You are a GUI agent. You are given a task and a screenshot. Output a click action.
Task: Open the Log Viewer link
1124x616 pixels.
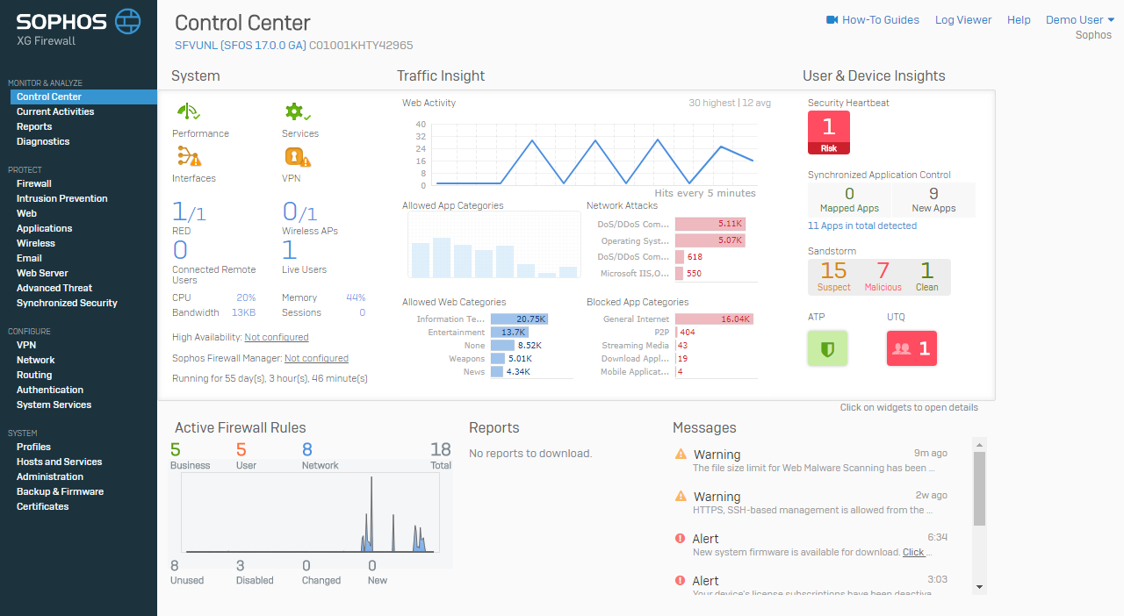coord(963,20)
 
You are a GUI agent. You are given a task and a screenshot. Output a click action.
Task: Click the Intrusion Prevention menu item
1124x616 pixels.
coord(61,198)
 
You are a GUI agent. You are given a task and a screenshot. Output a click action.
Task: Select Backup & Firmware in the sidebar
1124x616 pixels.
coord(61,491)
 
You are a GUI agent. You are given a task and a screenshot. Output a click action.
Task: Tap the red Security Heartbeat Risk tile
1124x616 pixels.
coord(828,133)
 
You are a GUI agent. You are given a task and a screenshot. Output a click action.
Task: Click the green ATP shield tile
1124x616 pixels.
coord(827,348)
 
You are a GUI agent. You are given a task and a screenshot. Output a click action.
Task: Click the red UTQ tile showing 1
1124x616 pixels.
coord(911,348)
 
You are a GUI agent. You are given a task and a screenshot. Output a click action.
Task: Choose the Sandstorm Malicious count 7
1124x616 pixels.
coord(883,271)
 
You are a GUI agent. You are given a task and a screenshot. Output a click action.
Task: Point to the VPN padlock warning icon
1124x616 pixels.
coord(298,157)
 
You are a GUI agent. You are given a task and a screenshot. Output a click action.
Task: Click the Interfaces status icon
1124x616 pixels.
coord(189,156)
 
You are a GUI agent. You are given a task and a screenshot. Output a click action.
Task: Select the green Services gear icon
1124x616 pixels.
coord(298,111)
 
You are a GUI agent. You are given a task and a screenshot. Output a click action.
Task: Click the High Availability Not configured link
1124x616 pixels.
coord(277,337)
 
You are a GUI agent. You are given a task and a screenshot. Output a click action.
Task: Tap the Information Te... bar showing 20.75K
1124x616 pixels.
coord(519,319)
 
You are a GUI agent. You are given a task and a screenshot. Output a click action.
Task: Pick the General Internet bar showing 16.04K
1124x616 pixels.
coord(714,319)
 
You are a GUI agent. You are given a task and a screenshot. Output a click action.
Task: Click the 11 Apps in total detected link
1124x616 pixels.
coord(862,226)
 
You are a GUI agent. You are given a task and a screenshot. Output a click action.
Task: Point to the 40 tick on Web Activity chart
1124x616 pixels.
coord(421,125)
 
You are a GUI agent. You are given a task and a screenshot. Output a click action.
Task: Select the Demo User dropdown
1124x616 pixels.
coord(1080,20)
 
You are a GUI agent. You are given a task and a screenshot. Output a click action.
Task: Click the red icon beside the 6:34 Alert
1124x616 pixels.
coord(680,538)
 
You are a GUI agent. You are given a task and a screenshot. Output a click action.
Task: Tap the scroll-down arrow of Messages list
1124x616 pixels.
coord(979,587)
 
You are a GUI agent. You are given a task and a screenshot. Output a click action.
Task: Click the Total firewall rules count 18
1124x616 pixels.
coord(441,449)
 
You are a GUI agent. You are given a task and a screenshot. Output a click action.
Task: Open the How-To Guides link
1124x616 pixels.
coord(873,20)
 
